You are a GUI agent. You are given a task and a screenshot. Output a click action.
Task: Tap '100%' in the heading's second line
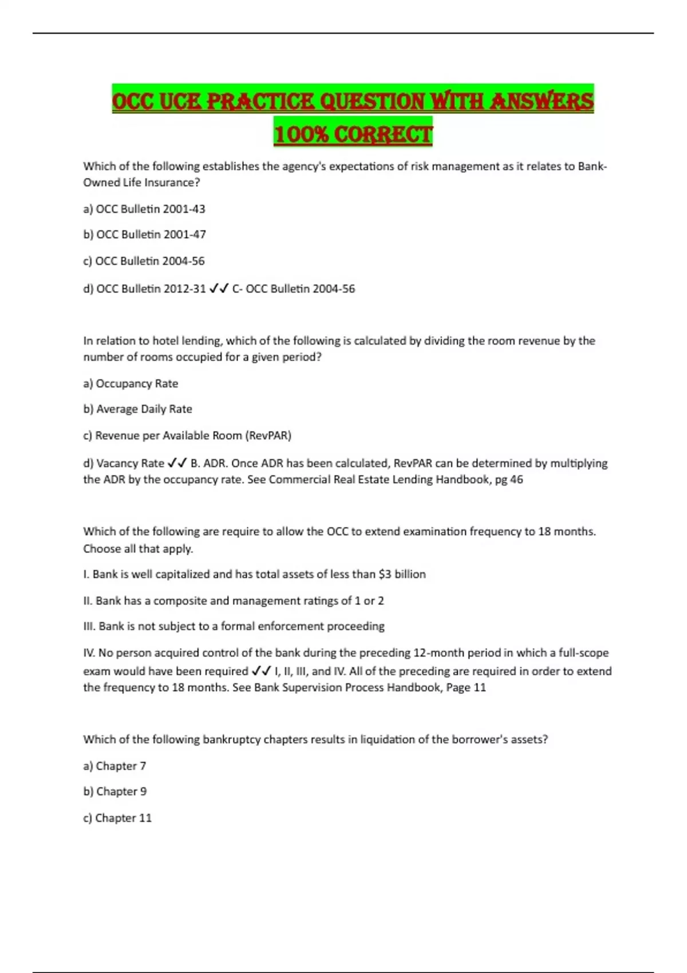tap(301, 135)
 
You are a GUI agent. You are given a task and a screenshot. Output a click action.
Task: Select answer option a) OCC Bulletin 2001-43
tap(144, 209)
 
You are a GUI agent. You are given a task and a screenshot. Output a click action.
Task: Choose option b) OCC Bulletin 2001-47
tap(145, 234)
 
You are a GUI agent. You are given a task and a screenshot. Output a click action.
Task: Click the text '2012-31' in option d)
tap(184, 288)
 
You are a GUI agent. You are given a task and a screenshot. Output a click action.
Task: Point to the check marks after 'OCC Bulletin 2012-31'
tap(219, 288)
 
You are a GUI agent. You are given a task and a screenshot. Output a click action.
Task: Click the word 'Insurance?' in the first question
tap(172, 183)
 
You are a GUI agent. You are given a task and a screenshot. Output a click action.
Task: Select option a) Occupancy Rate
tap(131, 383)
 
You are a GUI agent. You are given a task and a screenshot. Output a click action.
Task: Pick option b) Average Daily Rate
tap(137, 409)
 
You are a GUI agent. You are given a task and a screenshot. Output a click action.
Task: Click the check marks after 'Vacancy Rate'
tap(177, 463)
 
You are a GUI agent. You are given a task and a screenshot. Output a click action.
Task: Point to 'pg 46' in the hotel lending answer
tap(509, 480)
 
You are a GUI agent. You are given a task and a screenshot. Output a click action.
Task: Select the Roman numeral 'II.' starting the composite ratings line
tap(88, 600)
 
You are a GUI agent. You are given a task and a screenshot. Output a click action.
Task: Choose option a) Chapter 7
tap(114, 766)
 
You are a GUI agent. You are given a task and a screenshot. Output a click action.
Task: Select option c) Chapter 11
tap(117, 818)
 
